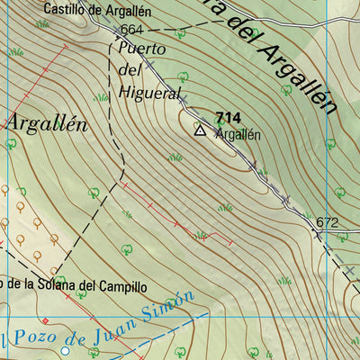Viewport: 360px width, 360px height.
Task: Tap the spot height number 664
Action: click(132, 30)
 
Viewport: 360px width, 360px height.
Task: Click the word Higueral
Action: click(150, 92)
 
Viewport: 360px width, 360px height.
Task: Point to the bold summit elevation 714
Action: click(229, 118)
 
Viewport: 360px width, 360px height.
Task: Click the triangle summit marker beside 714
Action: click(199, 130)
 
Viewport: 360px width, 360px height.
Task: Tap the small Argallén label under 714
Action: click(238, 135)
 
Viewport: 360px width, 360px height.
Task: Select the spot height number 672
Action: click(327, 221)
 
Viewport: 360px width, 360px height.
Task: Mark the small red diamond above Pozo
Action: click(44, 320)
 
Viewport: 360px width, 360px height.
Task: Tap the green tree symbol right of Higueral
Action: click(184, 77)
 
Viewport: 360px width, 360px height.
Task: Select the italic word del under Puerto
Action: click(131, 70)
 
